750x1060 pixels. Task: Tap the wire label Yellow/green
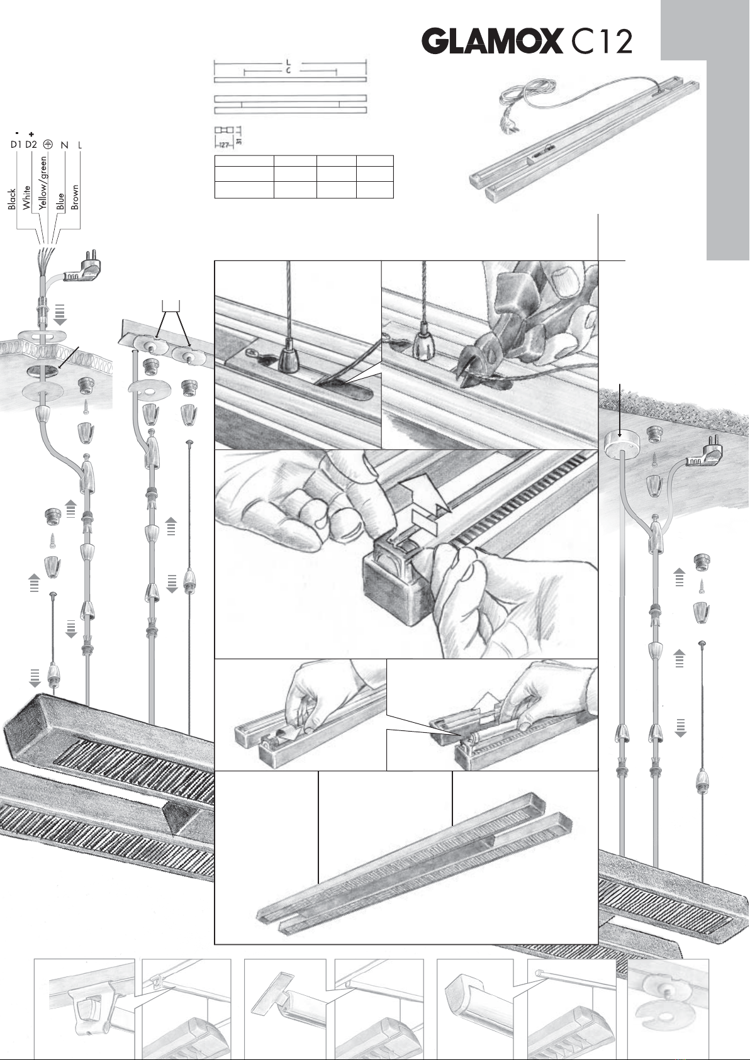point(43,182)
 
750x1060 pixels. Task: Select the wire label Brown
point(75,197)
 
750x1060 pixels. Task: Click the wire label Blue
point(60,201)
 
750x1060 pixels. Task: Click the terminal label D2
point(31,145)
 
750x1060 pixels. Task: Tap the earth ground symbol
point(48,144)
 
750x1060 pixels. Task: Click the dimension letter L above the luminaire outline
point(288,63)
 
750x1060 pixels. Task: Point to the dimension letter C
point(288,70)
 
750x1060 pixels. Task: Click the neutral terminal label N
point(64,145)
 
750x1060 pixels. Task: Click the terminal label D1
point(16,145)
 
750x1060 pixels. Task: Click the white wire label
point(26,198)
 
